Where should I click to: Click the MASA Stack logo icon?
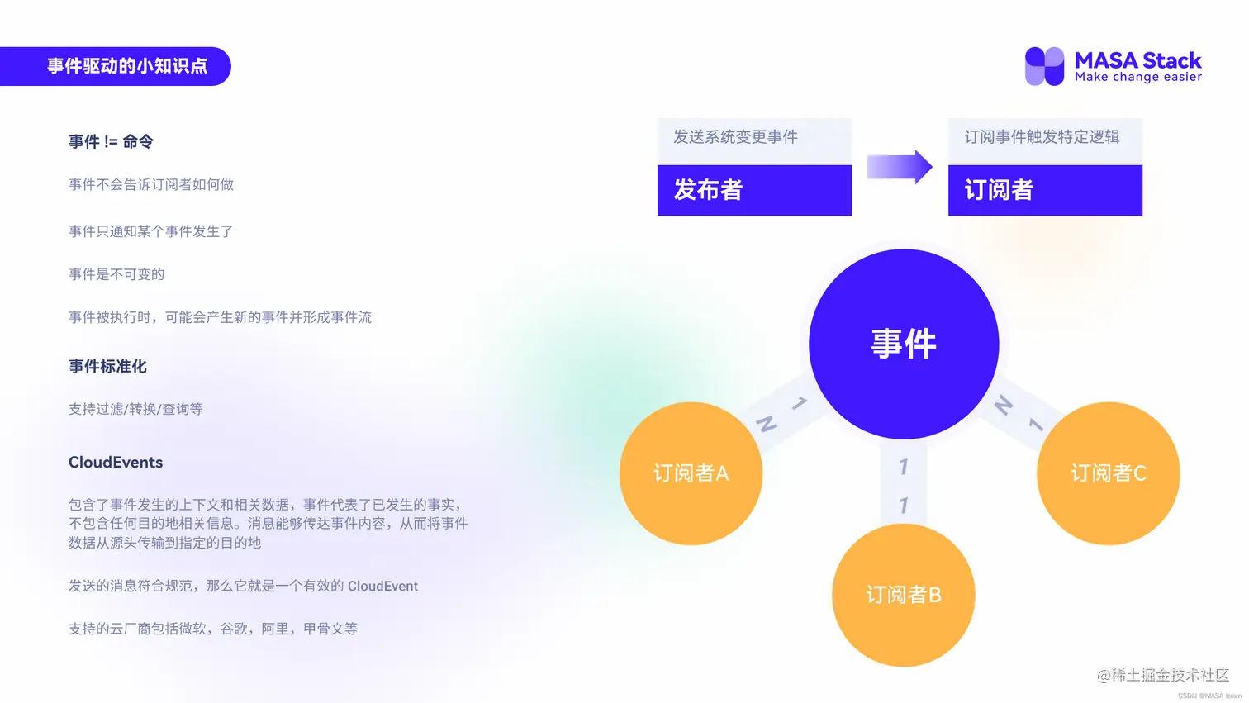point(1044,66)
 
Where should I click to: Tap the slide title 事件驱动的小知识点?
point(126,66)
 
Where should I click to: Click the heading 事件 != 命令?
point(111,142)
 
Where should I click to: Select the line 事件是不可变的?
point(116,274)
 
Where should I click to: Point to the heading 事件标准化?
point(107,366)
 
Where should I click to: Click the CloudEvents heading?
point(116,463)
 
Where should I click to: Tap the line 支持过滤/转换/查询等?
point(135,409)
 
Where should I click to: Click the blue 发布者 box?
point(754,190)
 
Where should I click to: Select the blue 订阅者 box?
point(1045,190)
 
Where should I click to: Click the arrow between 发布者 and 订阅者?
point(900,167)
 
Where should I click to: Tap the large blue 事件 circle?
point(904,344)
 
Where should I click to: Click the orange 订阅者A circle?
point(691,473)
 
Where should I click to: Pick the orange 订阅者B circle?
point(903,595)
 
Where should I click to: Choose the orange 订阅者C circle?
point(1108,473)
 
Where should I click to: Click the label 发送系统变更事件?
point(735,137)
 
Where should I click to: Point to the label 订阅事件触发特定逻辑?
point(1042,137)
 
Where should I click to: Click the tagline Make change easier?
point(1138,77)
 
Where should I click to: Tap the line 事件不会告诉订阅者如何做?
point(151,184)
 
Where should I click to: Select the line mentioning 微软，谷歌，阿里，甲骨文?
point(213,629)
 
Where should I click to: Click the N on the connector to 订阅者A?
point(767,425)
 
